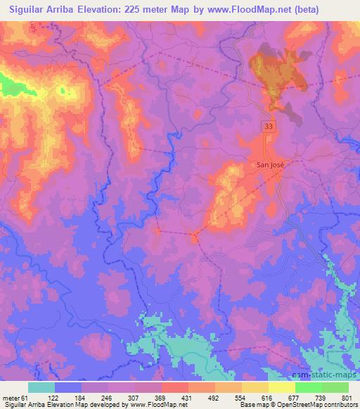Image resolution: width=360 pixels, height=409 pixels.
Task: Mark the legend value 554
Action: pos(242,397)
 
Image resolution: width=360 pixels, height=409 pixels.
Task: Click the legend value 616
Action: pos(269,397)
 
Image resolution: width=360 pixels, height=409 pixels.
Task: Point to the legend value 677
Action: pos(295,397)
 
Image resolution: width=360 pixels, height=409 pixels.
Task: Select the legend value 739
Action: pos(321,397)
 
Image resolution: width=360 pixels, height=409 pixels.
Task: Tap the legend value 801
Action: pos(348,397)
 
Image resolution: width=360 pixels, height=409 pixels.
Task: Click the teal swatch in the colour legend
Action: pos(41,387)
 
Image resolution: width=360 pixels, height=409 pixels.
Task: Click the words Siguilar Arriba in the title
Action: pos(43,10)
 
